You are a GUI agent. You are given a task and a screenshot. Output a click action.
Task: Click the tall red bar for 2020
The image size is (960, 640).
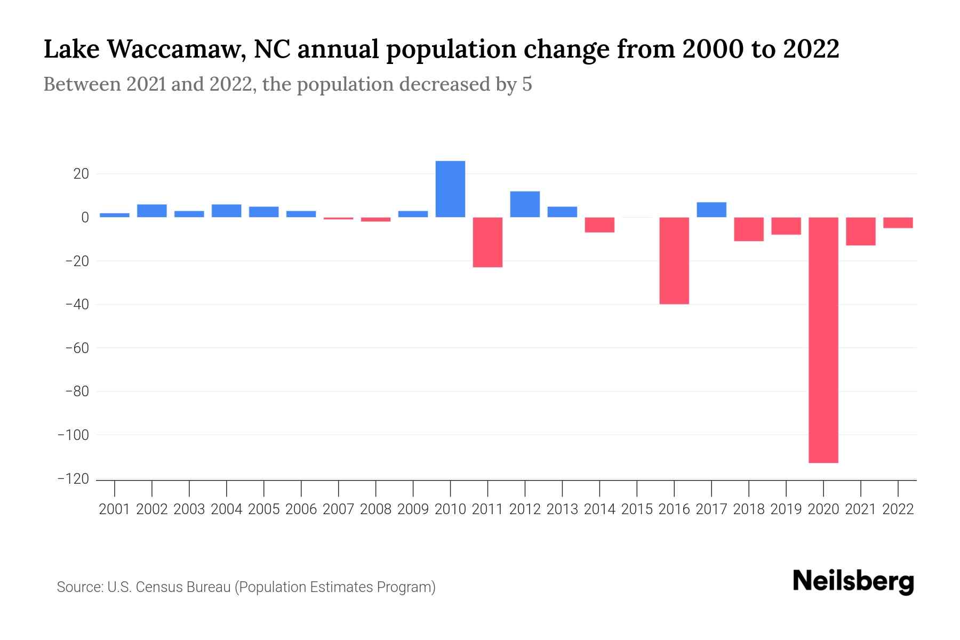click(823, 340)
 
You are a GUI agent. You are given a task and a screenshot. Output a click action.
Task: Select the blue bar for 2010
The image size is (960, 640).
click(450, 189)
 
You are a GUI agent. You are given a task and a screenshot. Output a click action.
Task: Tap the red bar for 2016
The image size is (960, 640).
click(674, 261)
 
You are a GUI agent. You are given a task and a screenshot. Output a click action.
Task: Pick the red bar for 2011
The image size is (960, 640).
click(487, 242)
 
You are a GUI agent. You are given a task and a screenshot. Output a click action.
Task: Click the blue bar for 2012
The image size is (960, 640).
click(525, 204)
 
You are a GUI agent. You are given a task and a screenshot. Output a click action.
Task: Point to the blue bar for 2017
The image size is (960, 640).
click(711, 210)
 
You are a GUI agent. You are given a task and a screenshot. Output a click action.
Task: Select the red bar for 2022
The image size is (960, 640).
click(898, 223)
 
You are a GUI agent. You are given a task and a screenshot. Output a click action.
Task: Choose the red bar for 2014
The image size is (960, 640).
click(599, 225)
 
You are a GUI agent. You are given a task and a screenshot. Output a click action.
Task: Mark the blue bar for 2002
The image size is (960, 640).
click(152, 211)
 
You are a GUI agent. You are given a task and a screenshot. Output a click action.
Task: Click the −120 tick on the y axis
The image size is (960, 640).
click(74, 479)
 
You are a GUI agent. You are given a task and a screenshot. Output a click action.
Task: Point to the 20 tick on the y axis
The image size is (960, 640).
click(81, 174)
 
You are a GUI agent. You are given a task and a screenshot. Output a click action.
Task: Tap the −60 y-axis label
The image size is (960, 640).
click(77, 348)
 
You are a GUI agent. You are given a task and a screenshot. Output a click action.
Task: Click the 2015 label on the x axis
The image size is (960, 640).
click(637, 509)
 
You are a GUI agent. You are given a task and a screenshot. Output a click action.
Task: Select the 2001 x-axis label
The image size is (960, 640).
click(115, 509)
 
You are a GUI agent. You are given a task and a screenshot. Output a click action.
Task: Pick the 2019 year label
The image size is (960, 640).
click(786, 509)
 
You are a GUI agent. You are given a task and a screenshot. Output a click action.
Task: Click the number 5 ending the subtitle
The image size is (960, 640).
click(527, 85)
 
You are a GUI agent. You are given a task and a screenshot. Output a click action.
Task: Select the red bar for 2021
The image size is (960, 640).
click(860, 231)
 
